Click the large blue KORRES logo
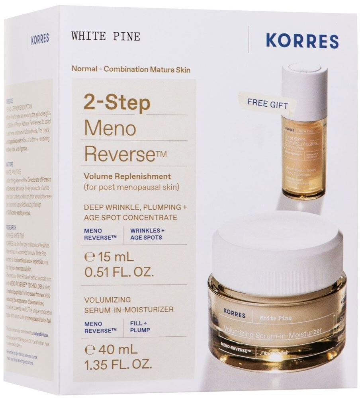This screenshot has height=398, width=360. [302, 41]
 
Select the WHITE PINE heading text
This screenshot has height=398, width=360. [106, 37]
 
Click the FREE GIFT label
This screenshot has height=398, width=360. [267, 103]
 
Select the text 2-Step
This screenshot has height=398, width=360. [117, 103]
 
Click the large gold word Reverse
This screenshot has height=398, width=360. [119, 154]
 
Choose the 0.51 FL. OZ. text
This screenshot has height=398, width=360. [119, 273]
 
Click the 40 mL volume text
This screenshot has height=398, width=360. [111, 350]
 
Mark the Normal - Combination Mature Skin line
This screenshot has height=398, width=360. [131, 69]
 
